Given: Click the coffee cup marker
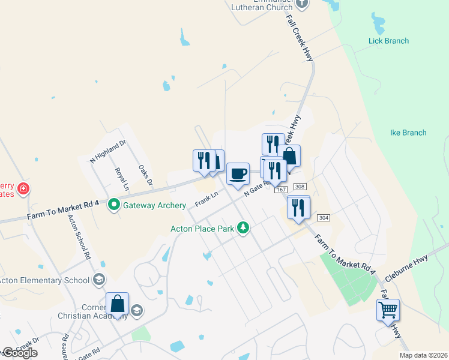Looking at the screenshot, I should (238, 174).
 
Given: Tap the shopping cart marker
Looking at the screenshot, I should (388, 310).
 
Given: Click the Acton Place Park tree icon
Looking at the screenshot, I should (243, 228).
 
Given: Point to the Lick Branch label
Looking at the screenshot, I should (388, 41).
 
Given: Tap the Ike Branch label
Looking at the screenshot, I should (408, 133).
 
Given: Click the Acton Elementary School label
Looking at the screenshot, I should (43, 280).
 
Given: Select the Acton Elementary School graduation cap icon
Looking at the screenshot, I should (98, 280).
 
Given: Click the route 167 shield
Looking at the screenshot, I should (280, 190).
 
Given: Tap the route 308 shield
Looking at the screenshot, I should (301, 187).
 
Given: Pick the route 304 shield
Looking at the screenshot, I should (323, 218).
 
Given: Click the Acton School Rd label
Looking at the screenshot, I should (79, 237).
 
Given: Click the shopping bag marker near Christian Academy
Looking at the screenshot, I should (118, 304).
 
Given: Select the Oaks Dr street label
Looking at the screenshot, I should (146, 175).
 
